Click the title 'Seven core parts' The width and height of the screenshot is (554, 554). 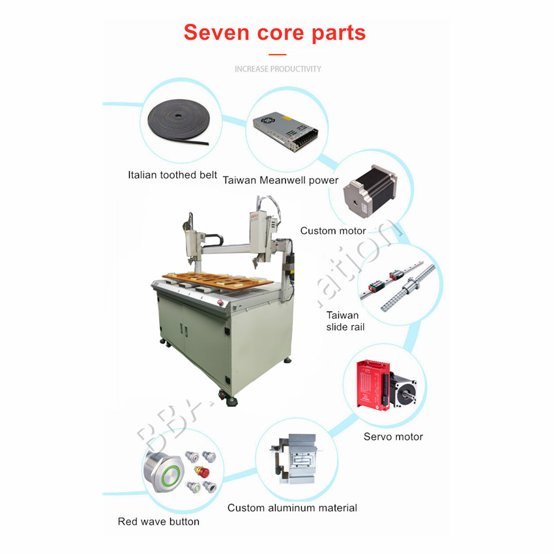(274, 32)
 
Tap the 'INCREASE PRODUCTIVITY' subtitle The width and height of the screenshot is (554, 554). (278, 68)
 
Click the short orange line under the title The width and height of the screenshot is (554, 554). (278, 55)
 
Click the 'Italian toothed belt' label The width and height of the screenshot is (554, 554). (172, 175)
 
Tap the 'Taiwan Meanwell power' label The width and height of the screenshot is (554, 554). (280, 180)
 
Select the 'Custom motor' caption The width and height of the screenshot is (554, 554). (332, 231)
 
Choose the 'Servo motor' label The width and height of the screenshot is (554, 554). (393, 437)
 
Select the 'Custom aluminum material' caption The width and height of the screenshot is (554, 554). (292, 508)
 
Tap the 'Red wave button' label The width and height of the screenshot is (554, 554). (158, 521)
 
